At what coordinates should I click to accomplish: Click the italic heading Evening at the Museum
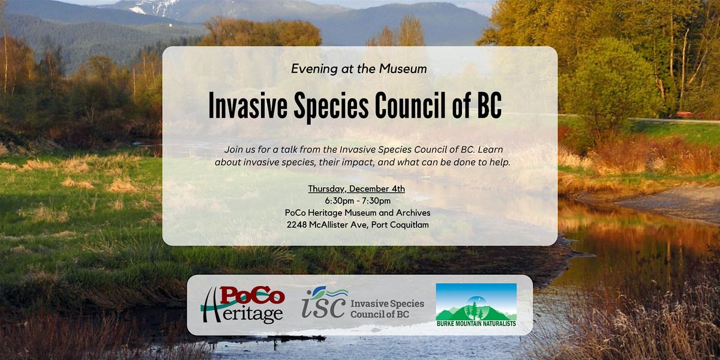pos(359,69)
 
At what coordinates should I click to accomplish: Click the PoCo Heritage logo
pos(243,305)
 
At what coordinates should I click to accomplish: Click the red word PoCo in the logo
pos(252,296)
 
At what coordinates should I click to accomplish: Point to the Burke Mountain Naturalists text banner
pos(476,325)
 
